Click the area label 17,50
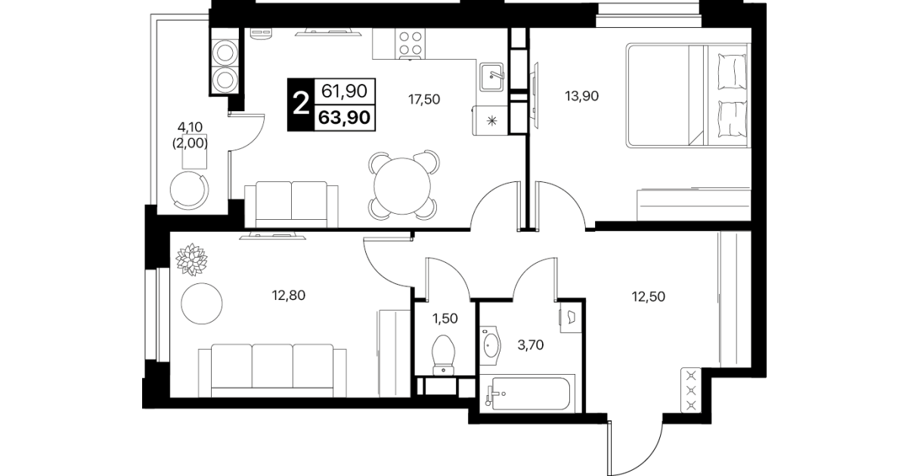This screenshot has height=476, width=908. click(423, 99)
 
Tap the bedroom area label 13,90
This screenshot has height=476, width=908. click(581, 96)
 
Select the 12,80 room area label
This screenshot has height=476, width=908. click(289, 295)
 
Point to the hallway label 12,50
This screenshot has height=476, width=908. click(649, 296)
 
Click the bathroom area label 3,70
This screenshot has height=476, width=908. click(531, 345)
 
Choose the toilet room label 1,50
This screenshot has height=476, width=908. click(445, 319)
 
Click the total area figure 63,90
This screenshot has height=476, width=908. click(345, 117)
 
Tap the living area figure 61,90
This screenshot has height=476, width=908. click(345, 91)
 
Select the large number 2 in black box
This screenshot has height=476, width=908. click(301, 104)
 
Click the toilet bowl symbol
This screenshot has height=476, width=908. click(444, 355)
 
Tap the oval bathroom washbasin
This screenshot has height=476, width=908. click(491, 345)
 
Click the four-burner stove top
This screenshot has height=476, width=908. click(411, 43)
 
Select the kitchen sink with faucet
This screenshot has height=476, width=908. click(491, 77)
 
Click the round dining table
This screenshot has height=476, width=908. click(402, 186)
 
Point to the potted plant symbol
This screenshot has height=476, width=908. click(191, 260)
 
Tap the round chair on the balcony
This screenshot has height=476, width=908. click(189, 190)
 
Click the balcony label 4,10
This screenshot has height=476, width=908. click(190, 127)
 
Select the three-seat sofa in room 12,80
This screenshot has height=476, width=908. click(272, 371)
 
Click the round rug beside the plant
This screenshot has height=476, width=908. click(201, 304)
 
